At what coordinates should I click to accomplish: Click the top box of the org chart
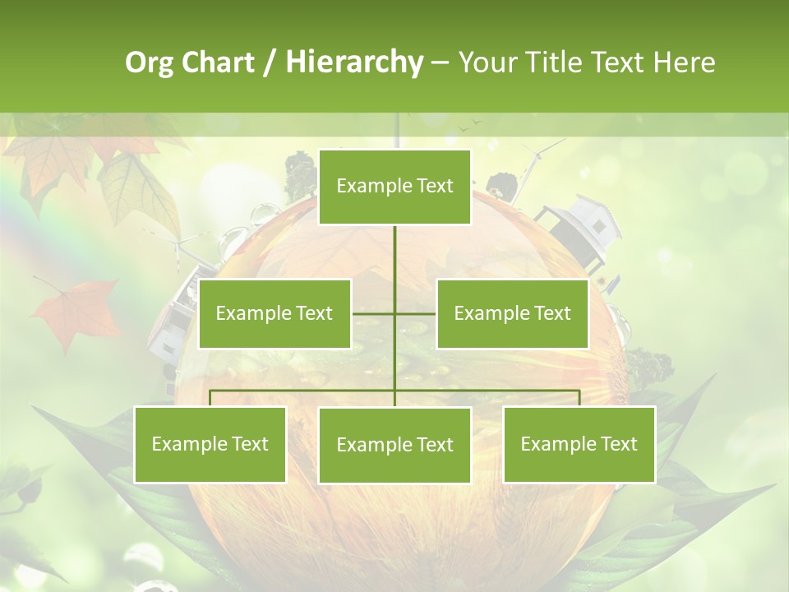[394, 187]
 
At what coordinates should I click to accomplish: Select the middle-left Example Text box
[275, 313]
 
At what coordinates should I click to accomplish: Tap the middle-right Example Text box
[512, 313]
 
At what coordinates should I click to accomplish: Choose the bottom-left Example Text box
[210, 444]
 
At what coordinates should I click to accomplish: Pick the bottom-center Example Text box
[394, 445]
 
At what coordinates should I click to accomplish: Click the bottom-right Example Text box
[579, 444]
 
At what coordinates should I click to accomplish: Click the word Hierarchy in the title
[354, 62]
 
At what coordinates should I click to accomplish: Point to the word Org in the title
[150, 62]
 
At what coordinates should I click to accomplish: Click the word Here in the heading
[685, 62]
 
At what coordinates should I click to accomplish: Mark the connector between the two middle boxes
[394, 313]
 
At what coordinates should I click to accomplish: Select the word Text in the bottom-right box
[618, 444]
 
